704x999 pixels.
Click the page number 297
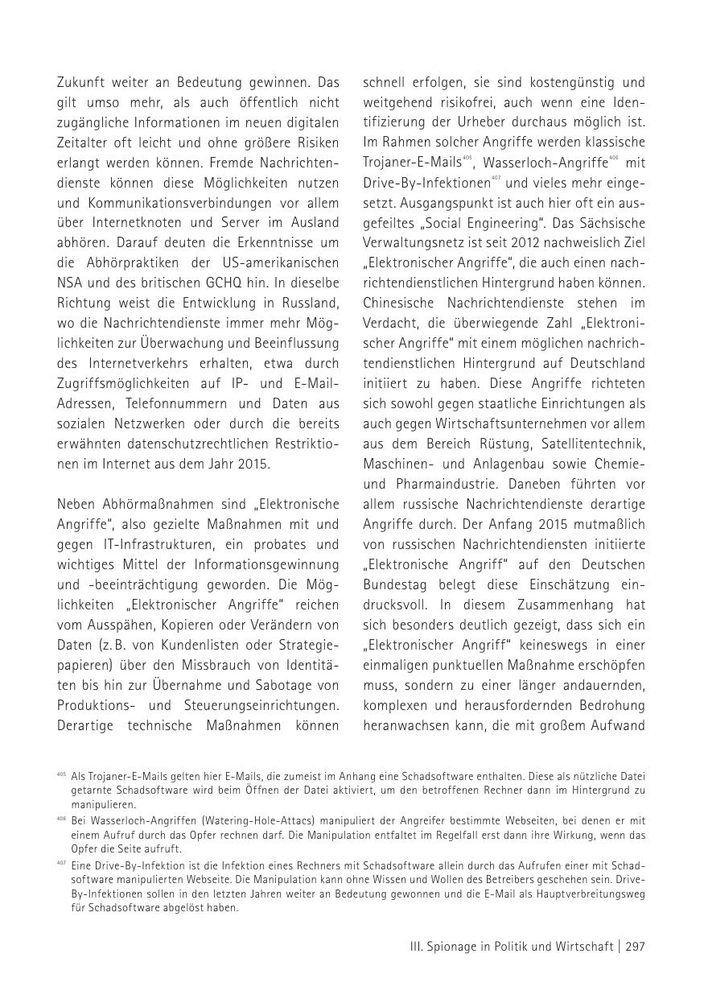[x=635, y=947]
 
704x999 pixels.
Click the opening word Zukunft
[x=81, y=81]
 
